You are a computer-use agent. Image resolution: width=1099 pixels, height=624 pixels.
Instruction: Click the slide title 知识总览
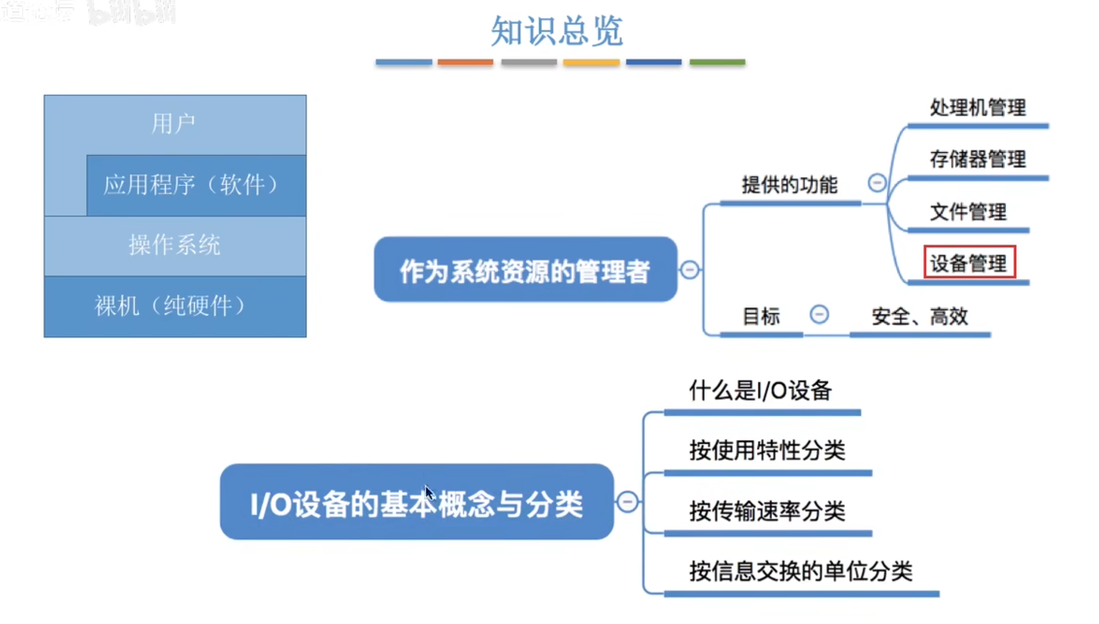point(556,31)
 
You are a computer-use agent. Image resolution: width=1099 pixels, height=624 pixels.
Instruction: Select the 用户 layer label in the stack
point(174,124)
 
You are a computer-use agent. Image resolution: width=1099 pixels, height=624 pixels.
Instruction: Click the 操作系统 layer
point(175,245)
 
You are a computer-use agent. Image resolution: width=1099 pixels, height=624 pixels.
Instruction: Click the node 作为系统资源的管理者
point(525,270)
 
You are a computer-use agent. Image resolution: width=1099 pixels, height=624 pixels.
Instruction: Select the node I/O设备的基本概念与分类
point(417,503)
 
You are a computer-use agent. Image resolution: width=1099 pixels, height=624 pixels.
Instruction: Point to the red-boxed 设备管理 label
point(969,262)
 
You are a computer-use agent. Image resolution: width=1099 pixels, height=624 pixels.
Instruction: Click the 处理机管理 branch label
point(978,107)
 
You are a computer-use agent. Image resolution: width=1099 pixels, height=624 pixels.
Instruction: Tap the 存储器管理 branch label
point(978,159)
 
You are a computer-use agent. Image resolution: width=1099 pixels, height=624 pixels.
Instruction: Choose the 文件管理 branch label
point(968,212)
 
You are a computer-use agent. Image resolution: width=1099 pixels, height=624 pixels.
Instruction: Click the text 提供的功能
point(789,185)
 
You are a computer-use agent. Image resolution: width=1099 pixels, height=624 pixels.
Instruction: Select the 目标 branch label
point(760,317)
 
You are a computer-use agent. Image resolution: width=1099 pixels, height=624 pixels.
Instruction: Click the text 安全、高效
point(919,317)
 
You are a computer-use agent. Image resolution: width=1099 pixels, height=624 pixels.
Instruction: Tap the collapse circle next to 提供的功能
point(877,182)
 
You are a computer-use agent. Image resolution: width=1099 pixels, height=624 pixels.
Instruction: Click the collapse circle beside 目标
point(819,315)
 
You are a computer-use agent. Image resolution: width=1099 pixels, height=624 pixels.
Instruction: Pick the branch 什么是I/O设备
point(760,391)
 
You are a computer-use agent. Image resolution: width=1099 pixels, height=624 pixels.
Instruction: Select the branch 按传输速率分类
point(767,511)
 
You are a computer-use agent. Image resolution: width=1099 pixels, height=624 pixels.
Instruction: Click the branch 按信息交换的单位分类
point(801,571)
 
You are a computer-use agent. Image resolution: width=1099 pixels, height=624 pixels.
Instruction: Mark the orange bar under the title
point(465,62)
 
